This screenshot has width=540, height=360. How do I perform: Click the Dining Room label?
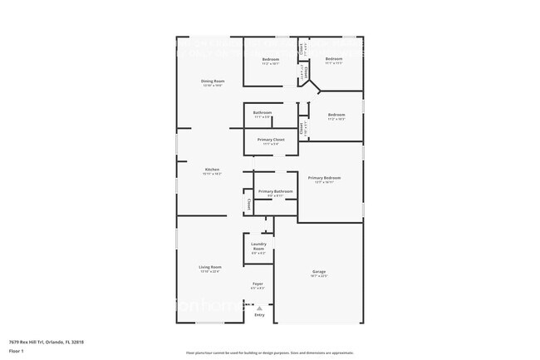point(213,81)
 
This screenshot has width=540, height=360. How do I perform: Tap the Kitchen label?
point(212,170)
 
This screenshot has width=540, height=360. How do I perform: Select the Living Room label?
point(210,267)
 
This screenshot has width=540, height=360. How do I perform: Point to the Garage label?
point(318,271)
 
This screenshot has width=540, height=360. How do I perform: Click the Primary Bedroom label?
point(324,178)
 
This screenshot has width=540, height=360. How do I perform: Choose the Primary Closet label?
point(271,139)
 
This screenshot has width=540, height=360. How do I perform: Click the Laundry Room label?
point(258,246)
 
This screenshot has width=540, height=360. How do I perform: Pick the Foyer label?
point(258,284)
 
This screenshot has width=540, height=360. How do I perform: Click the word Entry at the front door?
point(259,315)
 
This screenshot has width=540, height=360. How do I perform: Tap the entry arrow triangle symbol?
point(259,308)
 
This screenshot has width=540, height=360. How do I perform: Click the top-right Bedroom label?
point(334,59)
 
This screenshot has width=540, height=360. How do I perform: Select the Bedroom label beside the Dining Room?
point(271,59)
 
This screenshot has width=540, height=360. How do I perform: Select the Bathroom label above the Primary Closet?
point(263,112)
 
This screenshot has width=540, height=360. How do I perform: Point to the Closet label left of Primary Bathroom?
point(248,203)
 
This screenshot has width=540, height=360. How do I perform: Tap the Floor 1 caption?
point(17,351)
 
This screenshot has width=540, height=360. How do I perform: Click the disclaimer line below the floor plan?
point(269,352)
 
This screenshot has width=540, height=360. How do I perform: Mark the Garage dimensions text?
point(318,276)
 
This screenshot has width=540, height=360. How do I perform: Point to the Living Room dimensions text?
point(210,272)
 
